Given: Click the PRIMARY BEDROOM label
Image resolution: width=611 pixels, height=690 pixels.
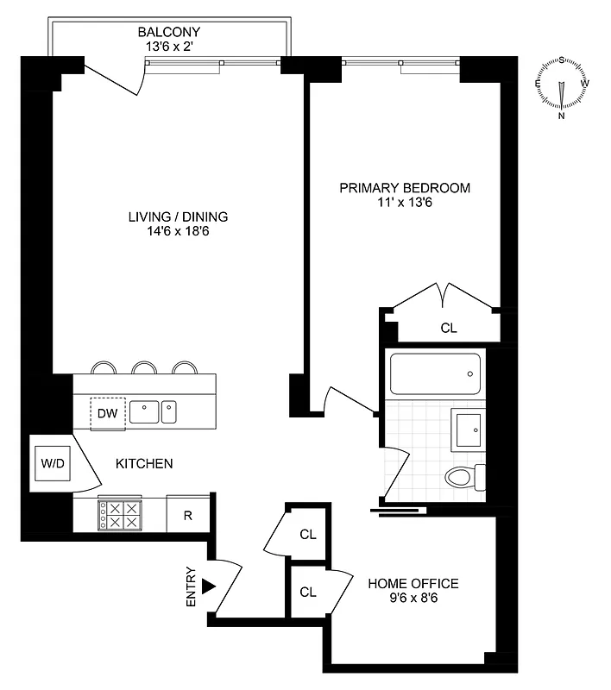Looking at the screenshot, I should point(405,188).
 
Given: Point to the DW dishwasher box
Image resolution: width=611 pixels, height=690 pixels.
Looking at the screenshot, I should point(107,413).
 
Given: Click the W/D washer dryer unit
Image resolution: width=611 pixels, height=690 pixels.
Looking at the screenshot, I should point(52,463).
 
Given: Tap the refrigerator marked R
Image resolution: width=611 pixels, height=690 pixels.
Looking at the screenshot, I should point(187,516).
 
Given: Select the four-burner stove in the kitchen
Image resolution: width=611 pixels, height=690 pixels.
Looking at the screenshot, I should point(120,516).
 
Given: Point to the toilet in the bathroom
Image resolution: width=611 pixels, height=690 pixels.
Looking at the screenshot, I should point(466,477).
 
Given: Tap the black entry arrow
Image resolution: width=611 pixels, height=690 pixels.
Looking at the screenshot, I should point(208,586).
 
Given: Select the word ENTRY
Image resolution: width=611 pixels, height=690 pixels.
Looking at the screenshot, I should point(192,587).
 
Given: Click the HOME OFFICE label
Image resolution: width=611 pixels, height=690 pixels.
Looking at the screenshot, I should point(413,584).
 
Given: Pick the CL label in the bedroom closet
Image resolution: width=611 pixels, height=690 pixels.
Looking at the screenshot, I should point(449,328).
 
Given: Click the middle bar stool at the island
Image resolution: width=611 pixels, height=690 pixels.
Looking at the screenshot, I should point(144,368).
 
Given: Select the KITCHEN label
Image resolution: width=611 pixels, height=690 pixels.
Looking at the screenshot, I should point(144,463).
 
